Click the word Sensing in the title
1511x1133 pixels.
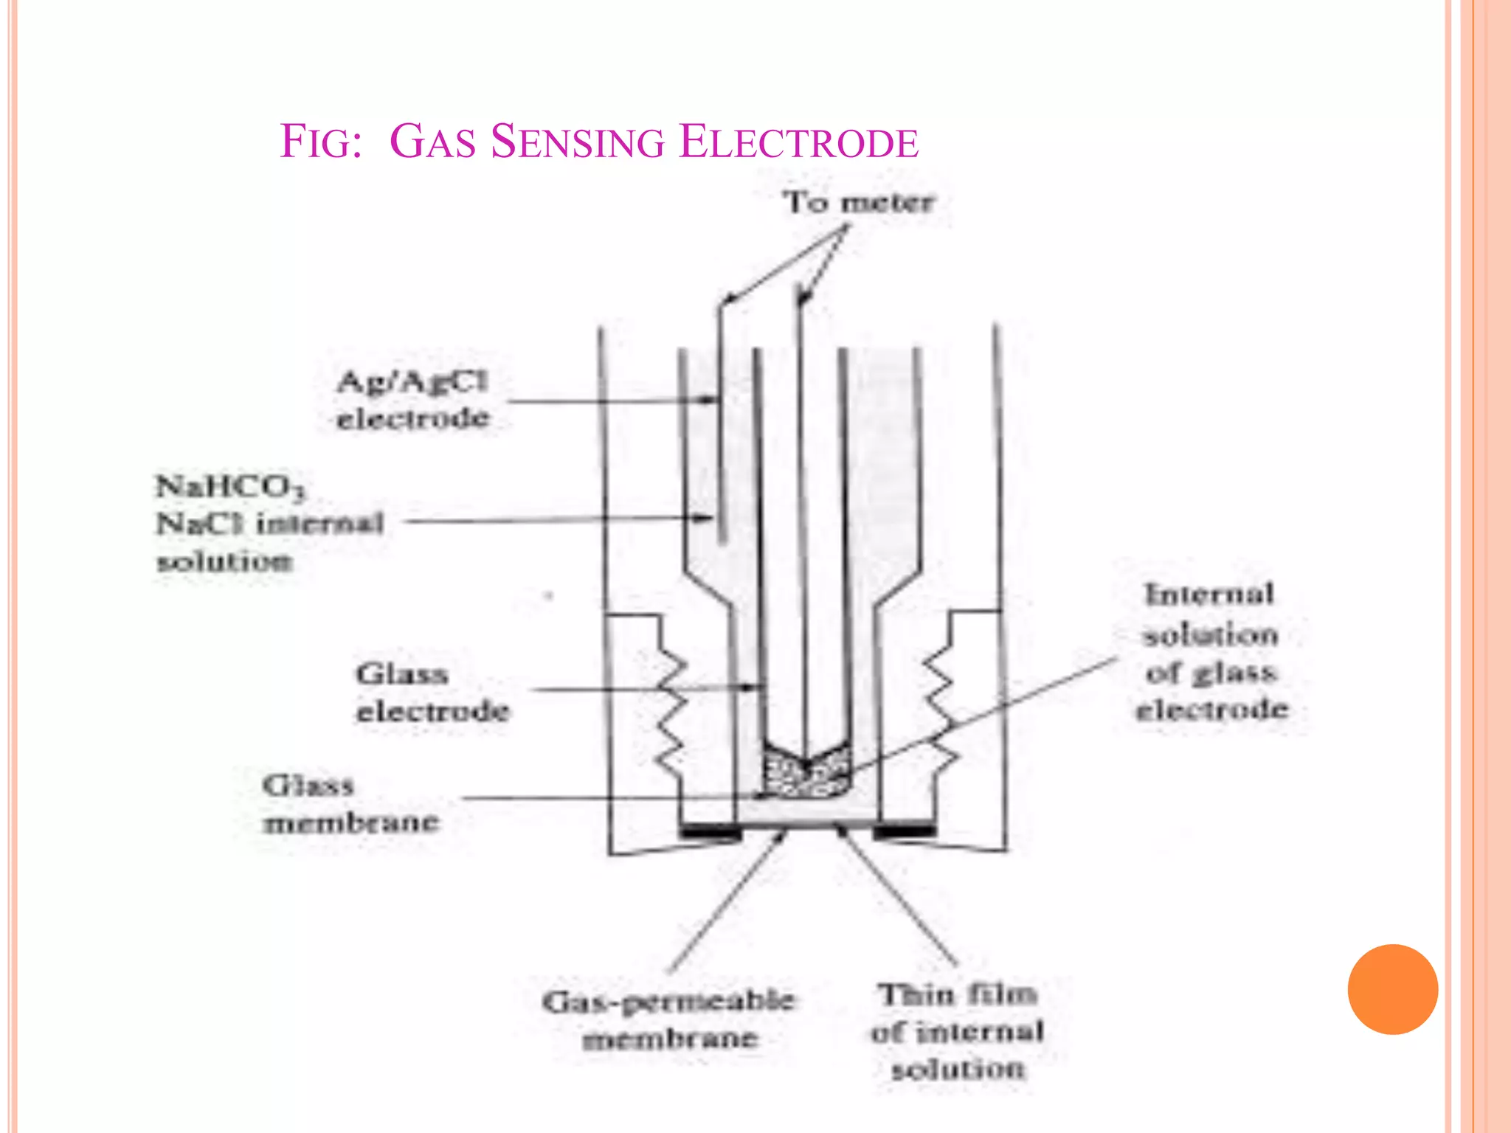tap(578, 142)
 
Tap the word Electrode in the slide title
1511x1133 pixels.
tap(799, 142)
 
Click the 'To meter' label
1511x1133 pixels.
tap(859, 202)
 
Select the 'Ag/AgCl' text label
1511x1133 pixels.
tap(412, 381)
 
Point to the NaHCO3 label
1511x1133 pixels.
tap(230, 488)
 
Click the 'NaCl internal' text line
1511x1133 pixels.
tap(270, 524)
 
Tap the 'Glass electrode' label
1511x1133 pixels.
tap(433, 693)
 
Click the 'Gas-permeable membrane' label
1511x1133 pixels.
tap(669, 1019)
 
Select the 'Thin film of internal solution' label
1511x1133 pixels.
tap(958, 1031)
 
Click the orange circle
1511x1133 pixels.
tap(1393, 989)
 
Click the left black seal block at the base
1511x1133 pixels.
tap(710, 831)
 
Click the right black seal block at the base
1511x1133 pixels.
tap(905, 831)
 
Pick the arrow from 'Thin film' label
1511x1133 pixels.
tap(896, 896)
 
